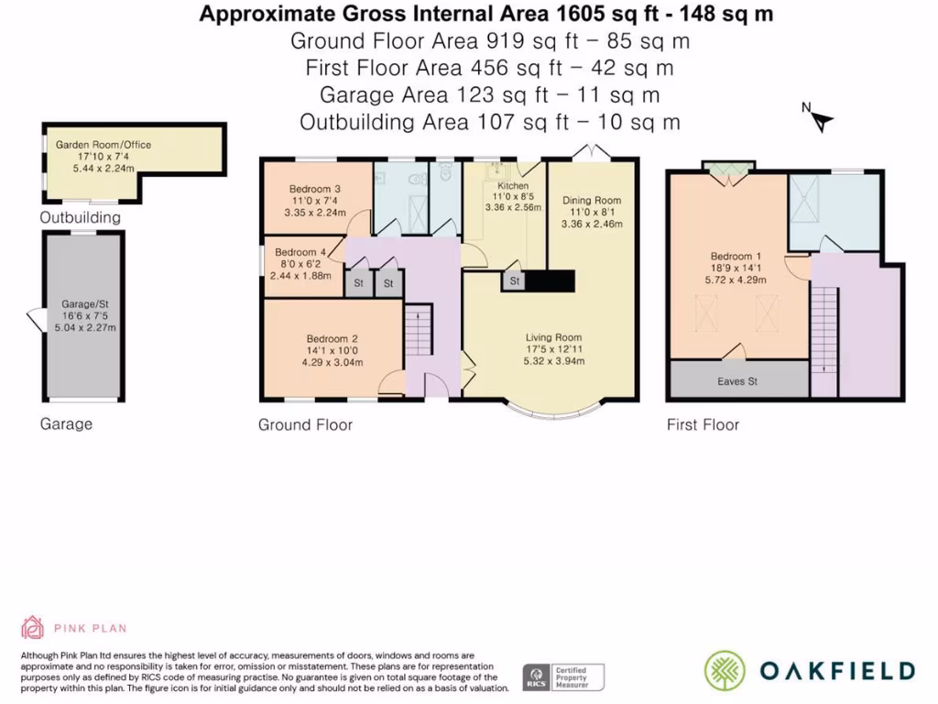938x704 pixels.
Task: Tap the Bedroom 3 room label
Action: [315, 189]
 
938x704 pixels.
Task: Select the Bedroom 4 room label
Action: [300, 252]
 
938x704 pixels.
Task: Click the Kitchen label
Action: [513, 185]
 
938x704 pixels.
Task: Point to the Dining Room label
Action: [592, 201]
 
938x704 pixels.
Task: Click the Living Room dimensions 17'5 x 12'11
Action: [554, 349]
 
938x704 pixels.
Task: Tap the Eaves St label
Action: [737, 381]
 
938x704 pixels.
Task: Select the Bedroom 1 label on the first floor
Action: [736, 257]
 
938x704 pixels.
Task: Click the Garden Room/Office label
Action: [103, 145]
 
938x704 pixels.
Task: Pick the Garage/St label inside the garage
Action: [85, 304]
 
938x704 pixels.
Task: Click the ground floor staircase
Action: [419, 330]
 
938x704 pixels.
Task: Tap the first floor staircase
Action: [824, 330]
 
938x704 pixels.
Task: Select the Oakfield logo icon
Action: [725, 671]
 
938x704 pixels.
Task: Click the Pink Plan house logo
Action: [32, 627]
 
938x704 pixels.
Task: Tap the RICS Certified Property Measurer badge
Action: [563, 677]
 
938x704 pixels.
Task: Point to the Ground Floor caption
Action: [305, 425]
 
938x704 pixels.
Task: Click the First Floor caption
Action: [703, 425]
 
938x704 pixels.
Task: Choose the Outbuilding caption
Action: [81, 217]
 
